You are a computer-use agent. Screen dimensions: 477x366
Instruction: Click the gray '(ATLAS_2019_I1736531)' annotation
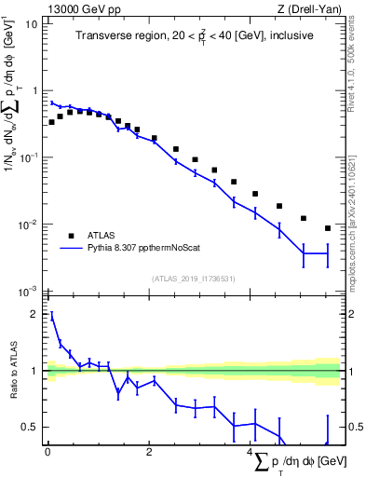coord(194,279)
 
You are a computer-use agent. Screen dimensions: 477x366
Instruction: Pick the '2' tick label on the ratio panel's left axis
coord(34,315)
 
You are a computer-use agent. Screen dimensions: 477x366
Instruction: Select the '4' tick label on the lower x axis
coord(251,451)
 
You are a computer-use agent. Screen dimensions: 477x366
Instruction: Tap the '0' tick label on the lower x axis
coord(47,451)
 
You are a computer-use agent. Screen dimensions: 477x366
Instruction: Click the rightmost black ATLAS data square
coord(327,228)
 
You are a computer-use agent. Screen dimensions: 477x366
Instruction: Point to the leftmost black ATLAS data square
coord(52,122)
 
